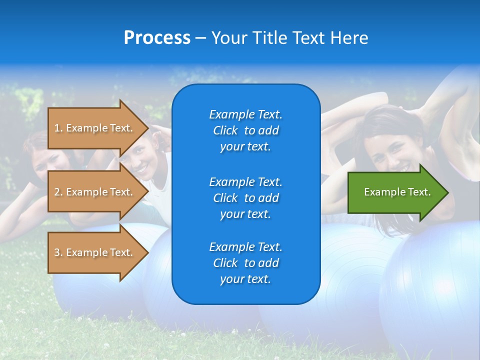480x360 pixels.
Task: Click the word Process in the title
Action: tap(157, 38)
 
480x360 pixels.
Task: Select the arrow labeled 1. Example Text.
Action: tap(95, 128)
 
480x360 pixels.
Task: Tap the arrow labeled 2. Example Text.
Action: tap(95, 192)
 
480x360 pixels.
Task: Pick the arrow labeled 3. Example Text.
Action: tap(95, 252)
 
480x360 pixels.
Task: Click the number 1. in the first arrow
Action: tap(58, 128)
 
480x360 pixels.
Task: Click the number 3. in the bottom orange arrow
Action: tap(58, 252)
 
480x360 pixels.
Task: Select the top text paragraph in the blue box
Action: tap(245, 130)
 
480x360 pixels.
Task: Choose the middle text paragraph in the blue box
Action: tap(245, 197)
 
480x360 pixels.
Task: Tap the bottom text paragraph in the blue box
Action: tap(245, 263)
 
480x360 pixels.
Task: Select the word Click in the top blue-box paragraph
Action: tap(225, 130)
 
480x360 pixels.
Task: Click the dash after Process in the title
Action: tap(200, 38)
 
